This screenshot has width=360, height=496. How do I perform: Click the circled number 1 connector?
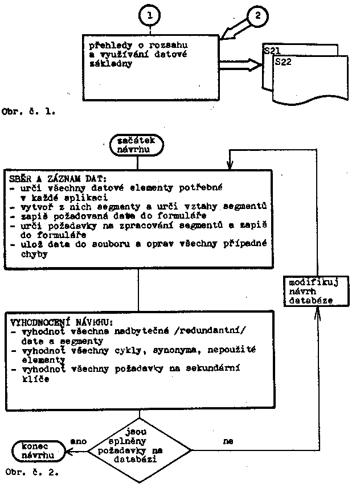click(150, 17)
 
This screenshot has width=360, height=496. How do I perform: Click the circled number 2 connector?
click(257, 17)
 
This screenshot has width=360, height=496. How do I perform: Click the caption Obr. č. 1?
click(29, 112)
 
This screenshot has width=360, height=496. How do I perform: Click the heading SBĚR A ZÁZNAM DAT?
click(51, 178)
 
